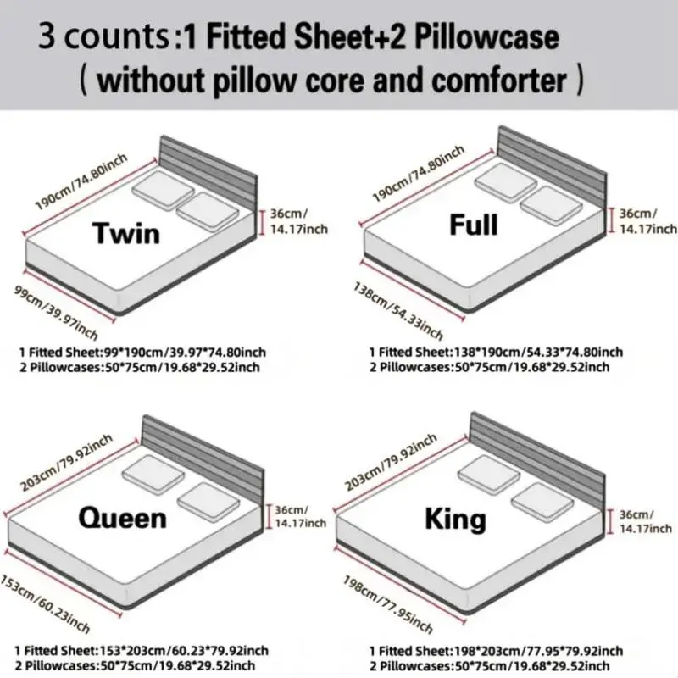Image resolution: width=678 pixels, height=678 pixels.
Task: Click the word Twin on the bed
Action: point(125,234)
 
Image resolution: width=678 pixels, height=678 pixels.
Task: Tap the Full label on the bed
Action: point(474,225)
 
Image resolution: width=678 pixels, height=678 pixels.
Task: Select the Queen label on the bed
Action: point(122,518)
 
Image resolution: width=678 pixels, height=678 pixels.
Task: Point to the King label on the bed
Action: point(455,519)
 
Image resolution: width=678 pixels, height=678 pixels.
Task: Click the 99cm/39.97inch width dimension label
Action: point(56,312)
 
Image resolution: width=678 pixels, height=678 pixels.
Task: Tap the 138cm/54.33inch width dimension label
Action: point(398,310)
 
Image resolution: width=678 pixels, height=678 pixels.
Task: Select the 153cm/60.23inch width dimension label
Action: point(45,603)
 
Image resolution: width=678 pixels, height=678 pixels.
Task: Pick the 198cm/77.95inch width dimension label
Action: point(388,604)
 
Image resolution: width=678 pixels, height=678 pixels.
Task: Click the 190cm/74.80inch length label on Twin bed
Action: point(81,181)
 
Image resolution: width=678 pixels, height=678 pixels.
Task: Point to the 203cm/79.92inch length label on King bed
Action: point(391,462)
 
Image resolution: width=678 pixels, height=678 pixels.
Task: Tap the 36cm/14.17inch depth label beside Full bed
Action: point(647,221)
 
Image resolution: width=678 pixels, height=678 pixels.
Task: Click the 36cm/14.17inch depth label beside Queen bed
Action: point(300,517)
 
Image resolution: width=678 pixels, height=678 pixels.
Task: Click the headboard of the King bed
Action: point(537,461)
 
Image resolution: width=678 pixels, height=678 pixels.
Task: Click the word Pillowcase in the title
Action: point(486,36)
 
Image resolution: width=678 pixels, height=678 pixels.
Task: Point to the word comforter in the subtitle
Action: point(499,81)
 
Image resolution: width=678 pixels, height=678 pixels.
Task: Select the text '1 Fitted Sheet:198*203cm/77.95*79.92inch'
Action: point(496,651)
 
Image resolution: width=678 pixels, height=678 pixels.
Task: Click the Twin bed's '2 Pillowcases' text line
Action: point(140,367)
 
